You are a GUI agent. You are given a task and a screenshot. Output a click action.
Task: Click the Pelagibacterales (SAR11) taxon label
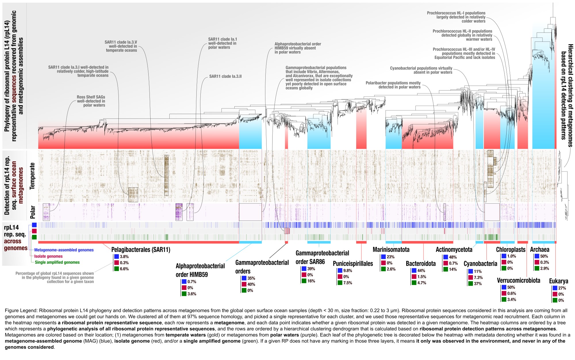click(141, 250)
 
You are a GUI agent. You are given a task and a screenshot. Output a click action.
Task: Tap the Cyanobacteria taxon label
click(480, 263)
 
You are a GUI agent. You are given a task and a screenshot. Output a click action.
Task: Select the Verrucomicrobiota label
click(518, 280)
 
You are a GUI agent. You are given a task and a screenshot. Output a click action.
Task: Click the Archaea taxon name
click(539, 249)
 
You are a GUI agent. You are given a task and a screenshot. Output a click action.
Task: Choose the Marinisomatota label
click(391, 249)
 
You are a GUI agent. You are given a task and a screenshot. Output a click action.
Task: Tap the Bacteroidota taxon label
click(421, 263)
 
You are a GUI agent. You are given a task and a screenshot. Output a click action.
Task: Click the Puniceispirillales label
click(353, 263)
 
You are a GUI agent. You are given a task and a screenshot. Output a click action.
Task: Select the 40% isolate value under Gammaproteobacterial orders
click(251, 284)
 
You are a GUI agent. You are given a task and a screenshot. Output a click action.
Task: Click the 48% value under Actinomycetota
click(453, 257)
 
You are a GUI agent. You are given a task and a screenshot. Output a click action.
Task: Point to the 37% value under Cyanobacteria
click(478, 284)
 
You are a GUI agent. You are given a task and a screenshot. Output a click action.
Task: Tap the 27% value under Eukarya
click(562, 288)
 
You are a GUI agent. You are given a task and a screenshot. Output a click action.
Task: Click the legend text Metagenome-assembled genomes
click(64, 250)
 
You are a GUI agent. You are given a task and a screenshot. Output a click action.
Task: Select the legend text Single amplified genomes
click(57, 262)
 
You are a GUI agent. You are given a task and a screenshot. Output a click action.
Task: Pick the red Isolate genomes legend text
click(48, 256)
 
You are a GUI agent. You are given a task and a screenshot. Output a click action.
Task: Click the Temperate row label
click(32, 176)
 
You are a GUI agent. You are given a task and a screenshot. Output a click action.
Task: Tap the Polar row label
click(32, 212)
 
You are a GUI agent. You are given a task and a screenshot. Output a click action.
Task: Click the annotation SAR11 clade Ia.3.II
click(225, 76)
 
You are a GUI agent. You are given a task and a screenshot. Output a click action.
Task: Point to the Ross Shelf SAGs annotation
click(91, 101)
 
